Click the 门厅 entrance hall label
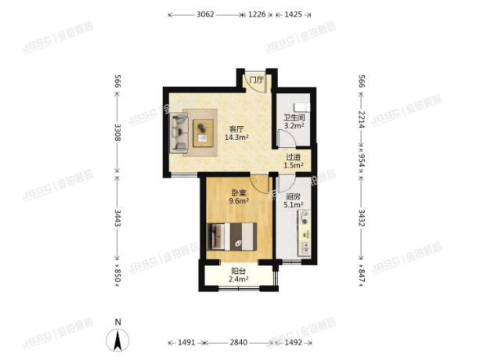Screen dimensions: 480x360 point(256,80)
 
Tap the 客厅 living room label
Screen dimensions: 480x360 point(236,129)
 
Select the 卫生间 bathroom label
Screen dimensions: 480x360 point(294,117)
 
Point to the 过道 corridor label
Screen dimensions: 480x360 point(294,157)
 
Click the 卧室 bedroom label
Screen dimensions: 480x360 point(239,193)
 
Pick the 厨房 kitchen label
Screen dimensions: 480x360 point(294,196)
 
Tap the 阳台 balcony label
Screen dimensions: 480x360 point(239,271)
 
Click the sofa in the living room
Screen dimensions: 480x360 point(179,133)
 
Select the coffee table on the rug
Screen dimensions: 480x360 point(203,133)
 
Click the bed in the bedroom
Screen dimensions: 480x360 point(232,236)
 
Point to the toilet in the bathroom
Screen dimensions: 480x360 point(301,107)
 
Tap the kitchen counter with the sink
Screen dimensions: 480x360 point(305,233)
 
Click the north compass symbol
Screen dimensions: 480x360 point(117,340)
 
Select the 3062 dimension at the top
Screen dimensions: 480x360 point(205,14)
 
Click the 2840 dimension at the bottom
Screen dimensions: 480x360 point(239,342)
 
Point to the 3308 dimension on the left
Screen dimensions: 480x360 point(117,132)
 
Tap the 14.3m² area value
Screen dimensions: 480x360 point(236,138)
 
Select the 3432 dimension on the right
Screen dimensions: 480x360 point(362,218)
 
